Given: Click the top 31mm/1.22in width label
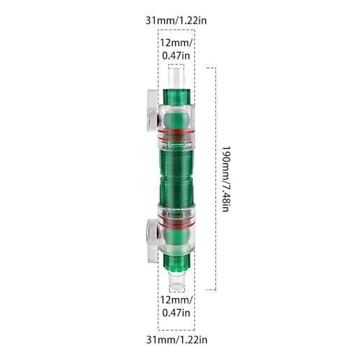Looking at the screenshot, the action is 176,21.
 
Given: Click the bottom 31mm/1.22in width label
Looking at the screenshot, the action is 176,340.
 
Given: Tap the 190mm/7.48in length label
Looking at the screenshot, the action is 225,179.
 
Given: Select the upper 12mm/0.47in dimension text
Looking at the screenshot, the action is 176,49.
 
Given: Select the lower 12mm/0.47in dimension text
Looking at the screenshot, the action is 176,306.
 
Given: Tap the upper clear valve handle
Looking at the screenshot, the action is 152,110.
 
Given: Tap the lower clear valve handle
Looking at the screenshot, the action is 152,240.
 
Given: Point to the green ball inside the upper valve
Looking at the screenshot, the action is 176,120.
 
